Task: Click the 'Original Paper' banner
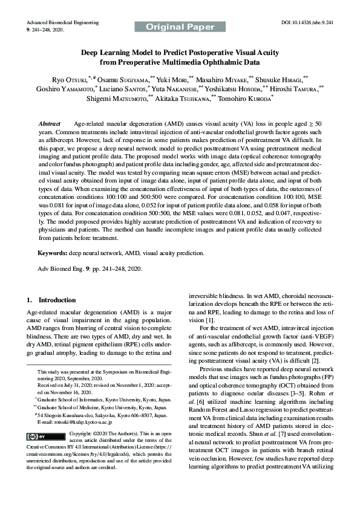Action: coord(180,27)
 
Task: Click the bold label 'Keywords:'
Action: coord(52,253)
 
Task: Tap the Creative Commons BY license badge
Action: coord(45,436)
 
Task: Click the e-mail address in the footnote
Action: coord(62,422)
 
